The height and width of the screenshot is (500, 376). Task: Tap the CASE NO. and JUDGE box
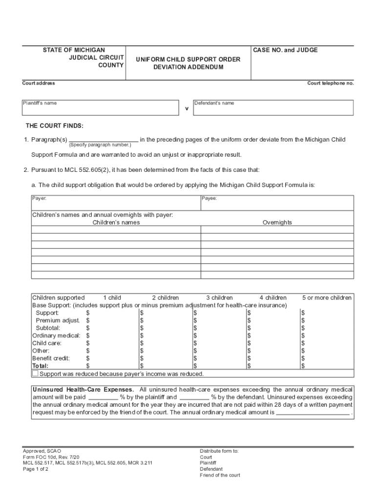click(x=302, y=63)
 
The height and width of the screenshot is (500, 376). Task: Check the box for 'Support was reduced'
click(x=35, y=374)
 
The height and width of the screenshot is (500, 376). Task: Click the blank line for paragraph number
click(x=104, y=140)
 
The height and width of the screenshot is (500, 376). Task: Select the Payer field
click(x=116, y=202)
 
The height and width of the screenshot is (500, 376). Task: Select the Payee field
click(x=277, y=202)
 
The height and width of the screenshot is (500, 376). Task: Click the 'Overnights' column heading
click(x=277, y=222)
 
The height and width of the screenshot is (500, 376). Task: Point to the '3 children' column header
click(x=219, y=297)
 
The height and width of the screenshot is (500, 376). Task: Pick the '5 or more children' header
click(x=326, y=297)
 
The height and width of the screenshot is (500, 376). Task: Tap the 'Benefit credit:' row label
click(x=51, y=358)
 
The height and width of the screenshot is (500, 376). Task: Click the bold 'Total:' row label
click(x=41, y=366)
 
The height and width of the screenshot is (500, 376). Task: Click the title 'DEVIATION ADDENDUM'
click(x=188, y=67)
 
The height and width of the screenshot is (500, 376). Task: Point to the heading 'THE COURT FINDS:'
click(x=55, y=126)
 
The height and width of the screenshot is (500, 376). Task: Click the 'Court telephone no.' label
click(x=330, y=83)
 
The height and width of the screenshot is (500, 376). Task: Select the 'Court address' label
click(x=39, y=83)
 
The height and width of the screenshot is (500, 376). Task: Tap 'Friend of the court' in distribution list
click(x=220, y=475)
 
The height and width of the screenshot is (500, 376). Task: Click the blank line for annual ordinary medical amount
click(x=313, y=412)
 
